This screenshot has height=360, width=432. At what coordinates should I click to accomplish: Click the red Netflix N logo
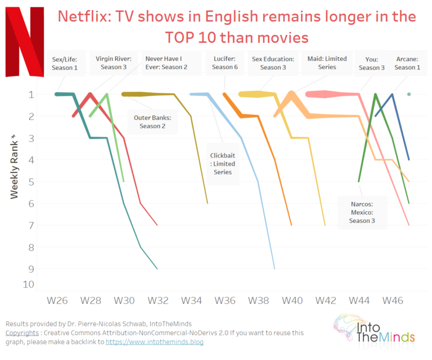[24, 42]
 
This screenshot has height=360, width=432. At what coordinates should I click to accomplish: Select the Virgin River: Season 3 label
[114, 62]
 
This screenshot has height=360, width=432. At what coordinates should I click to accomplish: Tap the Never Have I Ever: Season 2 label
[166, 62]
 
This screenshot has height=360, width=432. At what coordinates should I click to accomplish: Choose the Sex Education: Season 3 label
[273, 62]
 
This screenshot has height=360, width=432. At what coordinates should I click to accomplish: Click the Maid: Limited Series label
[327, 62]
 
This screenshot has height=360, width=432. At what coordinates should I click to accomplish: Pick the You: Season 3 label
[371, 62]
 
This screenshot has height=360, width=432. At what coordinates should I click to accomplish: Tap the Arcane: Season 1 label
[407, 62]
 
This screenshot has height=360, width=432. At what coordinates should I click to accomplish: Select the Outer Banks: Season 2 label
[152, 121]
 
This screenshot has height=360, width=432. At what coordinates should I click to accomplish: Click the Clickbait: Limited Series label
[222, 164]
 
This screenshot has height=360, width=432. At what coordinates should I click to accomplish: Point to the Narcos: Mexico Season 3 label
[361, 212]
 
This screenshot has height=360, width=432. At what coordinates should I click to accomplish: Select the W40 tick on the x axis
[292, 300]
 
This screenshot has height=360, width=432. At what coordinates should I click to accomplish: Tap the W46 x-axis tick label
[393, 300]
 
